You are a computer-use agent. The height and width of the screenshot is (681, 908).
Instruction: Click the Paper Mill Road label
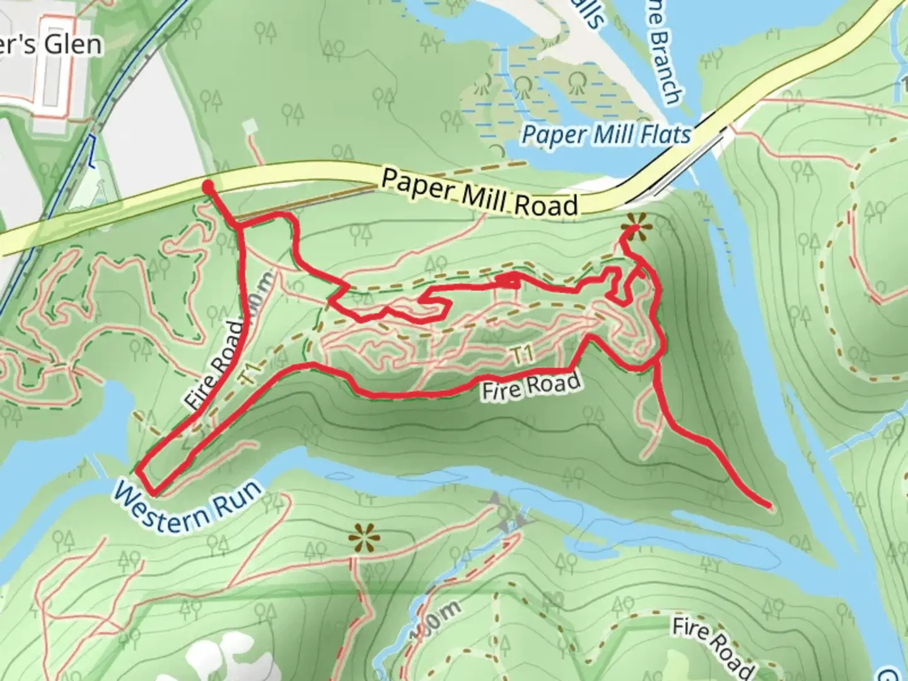pyautogui.click(x=479, y=194)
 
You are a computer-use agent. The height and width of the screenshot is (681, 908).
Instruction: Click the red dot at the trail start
pyautogui.click(x=207, y=186)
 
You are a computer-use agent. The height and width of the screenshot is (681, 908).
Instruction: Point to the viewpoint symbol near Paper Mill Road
pyautogui.click(x=635, y=225)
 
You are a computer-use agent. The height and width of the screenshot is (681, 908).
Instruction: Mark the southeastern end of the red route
pyautogui.click(x=769, y=506)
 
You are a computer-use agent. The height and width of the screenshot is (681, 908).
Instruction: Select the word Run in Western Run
pyautogui.click(x=236, y=498)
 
